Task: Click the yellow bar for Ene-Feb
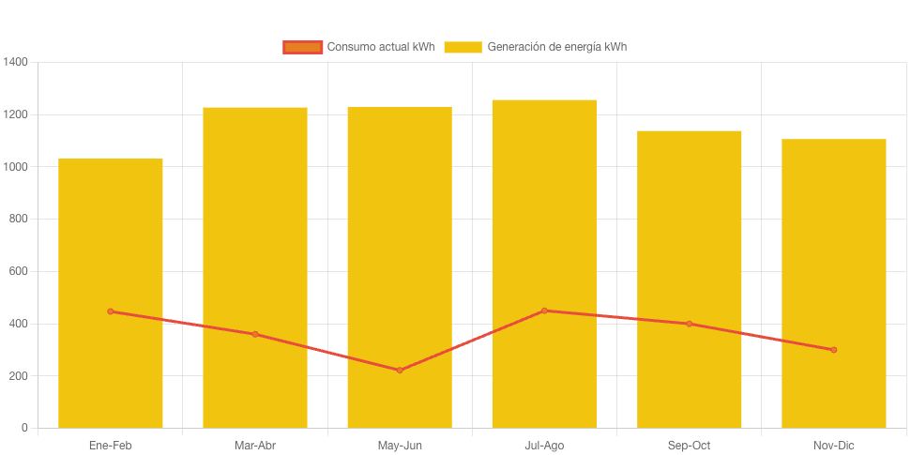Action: (x=111, y=235)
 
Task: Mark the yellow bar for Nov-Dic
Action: (x=833, y=235)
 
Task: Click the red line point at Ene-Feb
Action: (x=111, y=311)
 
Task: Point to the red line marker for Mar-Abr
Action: (x=255, y=334)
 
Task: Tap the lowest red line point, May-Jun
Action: (x=400, y=371)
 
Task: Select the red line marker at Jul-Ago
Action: (x=544, y=311)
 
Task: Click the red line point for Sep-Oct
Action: (x=689, y=324)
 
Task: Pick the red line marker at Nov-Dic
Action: (x=833, y=350)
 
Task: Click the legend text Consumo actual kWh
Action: (x=380, y=47)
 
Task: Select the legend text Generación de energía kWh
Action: (x=557, y=47)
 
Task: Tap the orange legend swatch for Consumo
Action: (x=303, y=47)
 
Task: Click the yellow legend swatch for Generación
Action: (x=463, y=47)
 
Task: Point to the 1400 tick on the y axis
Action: (x=16, y=62)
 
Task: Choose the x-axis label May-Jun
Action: (x=400, y=445)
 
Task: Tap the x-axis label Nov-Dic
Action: (x=833, y=445)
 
